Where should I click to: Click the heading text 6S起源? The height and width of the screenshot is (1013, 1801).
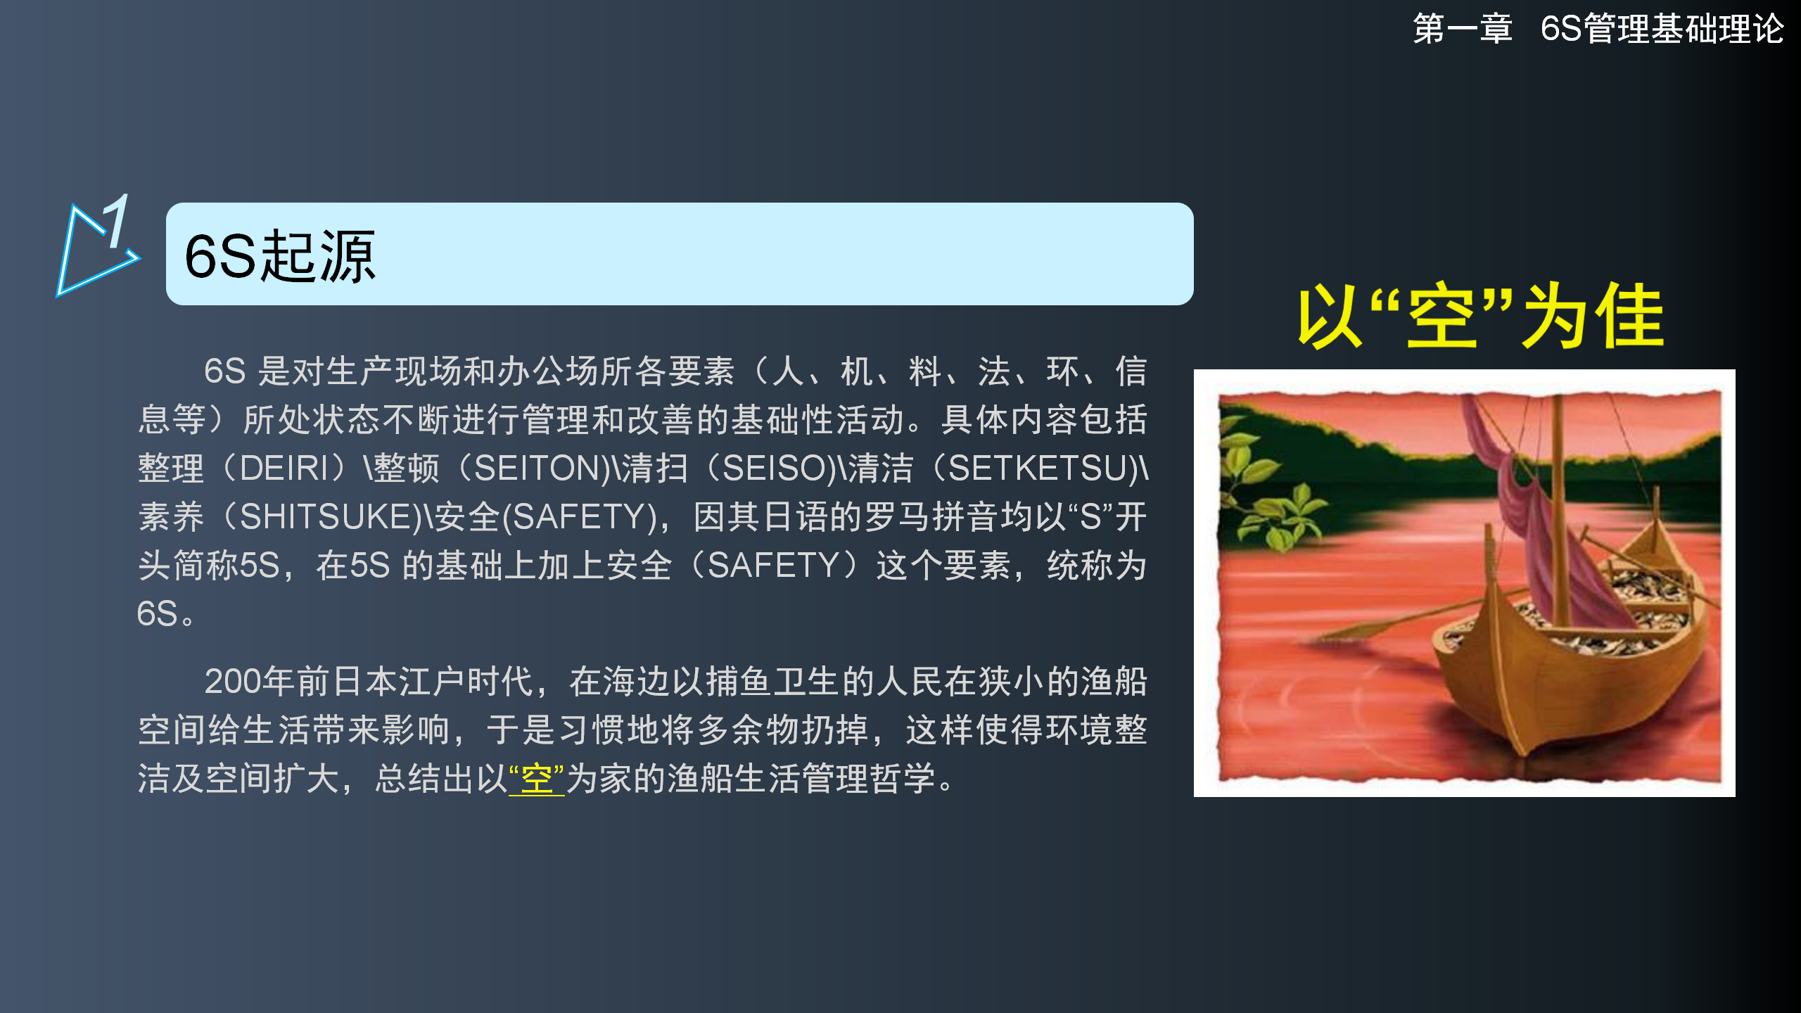pyautogui.click(x=280, y=256)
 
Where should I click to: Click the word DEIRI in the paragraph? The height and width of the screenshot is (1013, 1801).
pyautogui.click(x=284, y=469)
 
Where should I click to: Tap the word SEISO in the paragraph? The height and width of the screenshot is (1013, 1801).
pyautogui.click(x=775, y=469)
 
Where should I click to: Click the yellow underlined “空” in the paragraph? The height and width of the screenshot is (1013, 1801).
pyautogui.click(x=536, y=779)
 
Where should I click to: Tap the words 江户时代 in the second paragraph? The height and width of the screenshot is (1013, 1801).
pyautogui.click(x=466, y=682)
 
